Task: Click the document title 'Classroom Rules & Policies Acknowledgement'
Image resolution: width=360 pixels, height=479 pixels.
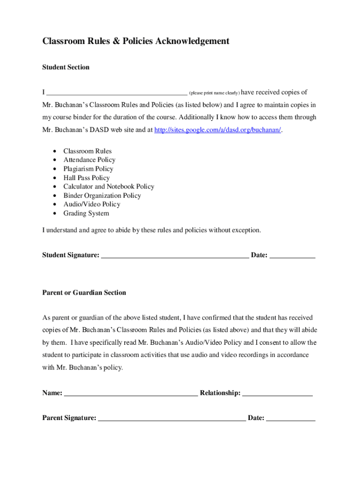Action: (x=136, y=41)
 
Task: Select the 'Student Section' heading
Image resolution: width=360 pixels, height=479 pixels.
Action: (x=65, y=67)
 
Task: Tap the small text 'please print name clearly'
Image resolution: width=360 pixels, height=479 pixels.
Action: (x=214, y=93)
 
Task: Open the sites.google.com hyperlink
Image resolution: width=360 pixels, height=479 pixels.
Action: (x=217, y=130)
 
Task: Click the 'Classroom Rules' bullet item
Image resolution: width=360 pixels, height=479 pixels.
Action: (x=87, y=151)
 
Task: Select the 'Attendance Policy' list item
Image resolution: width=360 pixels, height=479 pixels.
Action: (x=89, y=160)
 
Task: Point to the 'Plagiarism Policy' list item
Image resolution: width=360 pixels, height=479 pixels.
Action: (x=88, y=169)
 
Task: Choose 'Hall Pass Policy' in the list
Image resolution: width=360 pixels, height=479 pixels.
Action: (x=86, y=178)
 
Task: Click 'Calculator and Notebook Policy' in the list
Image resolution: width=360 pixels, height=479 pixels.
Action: (x=108, y=187)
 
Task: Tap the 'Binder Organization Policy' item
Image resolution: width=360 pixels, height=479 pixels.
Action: (x=102, y=196)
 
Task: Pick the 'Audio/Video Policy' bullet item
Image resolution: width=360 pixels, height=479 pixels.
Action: (x=92, y=204)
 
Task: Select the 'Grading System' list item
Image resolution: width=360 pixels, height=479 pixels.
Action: (x=86, y=213)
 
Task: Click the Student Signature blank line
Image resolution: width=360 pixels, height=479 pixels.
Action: (x=174, y=256)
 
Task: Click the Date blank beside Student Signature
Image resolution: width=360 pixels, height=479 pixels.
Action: (x=292, y=256)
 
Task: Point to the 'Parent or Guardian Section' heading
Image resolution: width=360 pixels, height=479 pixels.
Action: (x=84, y=293)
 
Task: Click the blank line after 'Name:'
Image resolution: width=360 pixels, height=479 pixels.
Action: (x=130, y=394)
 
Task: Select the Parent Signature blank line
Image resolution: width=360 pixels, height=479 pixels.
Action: (x=172, y=419)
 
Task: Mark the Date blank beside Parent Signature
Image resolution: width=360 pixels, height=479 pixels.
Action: (x=290, y=419)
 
